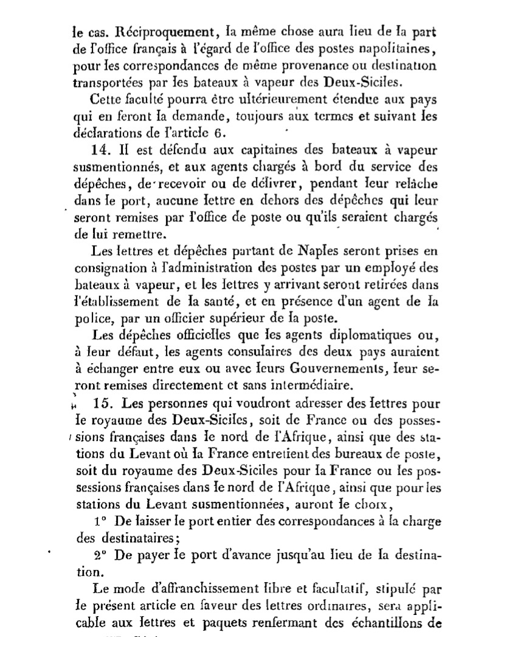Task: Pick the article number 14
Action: (x=100, y=149)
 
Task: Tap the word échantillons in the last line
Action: (x=384, y=623)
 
